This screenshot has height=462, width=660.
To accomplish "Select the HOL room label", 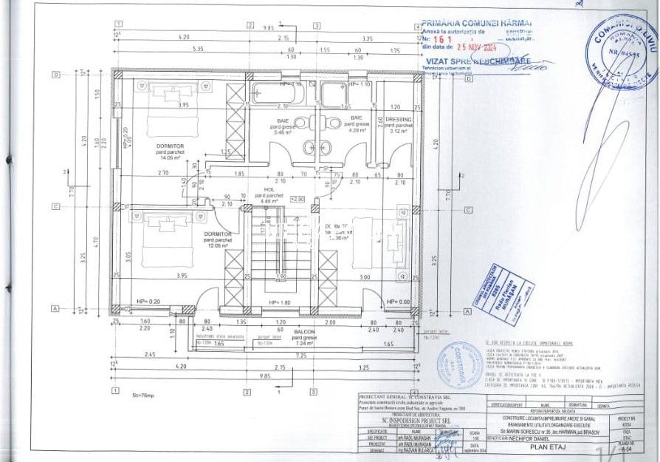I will (x=268, y=188).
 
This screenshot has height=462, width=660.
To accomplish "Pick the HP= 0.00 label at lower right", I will (x=399, y=302).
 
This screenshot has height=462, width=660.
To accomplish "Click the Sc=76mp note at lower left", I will (x=153, y=395).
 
